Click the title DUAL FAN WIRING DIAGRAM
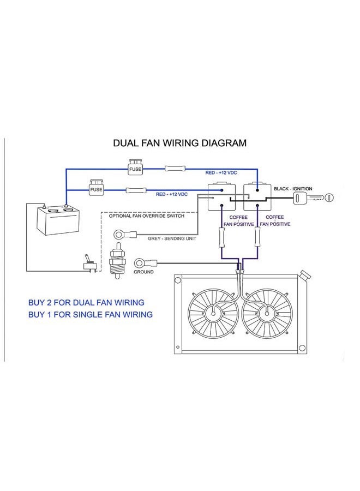pos(179,143)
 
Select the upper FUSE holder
pos(135,167)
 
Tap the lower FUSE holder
pos(96,188)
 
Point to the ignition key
pos(313,198)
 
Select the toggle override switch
pos(90,264)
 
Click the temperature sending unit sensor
pos(117,260)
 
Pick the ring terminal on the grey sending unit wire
pos(125,234)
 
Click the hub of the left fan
pos(213,313)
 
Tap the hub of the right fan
pos(267,313)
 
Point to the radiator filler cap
pos(304,274)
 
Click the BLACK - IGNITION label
pos(293,189)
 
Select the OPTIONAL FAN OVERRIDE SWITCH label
pos(147,215)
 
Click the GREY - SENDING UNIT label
pos(172,238)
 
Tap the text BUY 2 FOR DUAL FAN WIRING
pos(86,302)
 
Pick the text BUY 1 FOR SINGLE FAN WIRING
pos(91,314)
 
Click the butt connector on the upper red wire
pos(175,169)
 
